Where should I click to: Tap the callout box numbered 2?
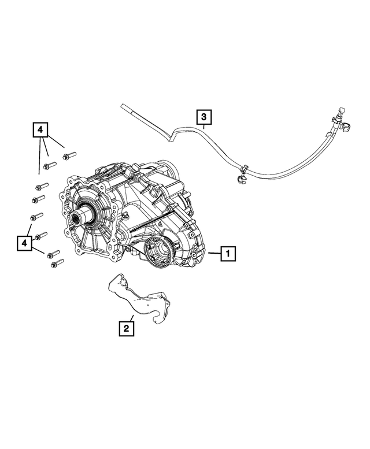point(127,329)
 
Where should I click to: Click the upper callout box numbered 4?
point(40,131)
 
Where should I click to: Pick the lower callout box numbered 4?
point(24,243)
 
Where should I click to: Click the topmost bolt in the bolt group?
point(69,154)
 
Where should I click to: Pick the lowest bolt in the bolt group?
point(57,264)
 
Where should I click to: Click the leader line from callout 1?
point(212,253)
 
